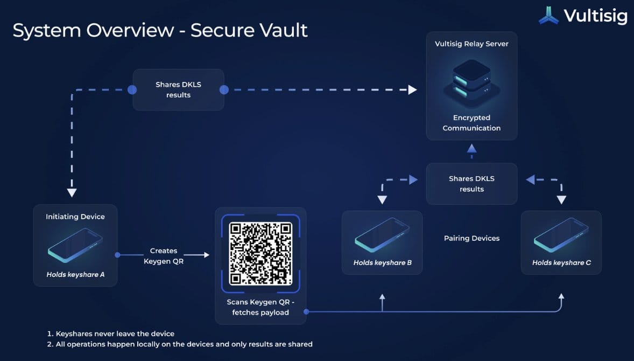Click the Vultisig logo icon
549,16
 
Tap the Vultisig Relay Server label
471,44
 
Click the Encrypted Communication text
471,123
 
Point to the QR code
260,253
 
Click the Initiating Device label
75,217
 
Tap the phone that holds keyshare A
75,245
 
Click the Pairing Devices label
471,238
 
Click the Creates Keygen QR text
164,256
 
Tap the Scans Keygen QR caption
260,307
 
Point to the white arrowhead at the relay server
413,89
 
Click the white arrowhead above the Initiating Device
72,192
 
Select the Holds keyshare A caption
75,275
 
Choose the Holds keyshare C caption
561,263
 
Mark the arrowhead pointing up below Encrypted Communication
471,148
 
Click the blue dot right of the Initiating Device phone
117,255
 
